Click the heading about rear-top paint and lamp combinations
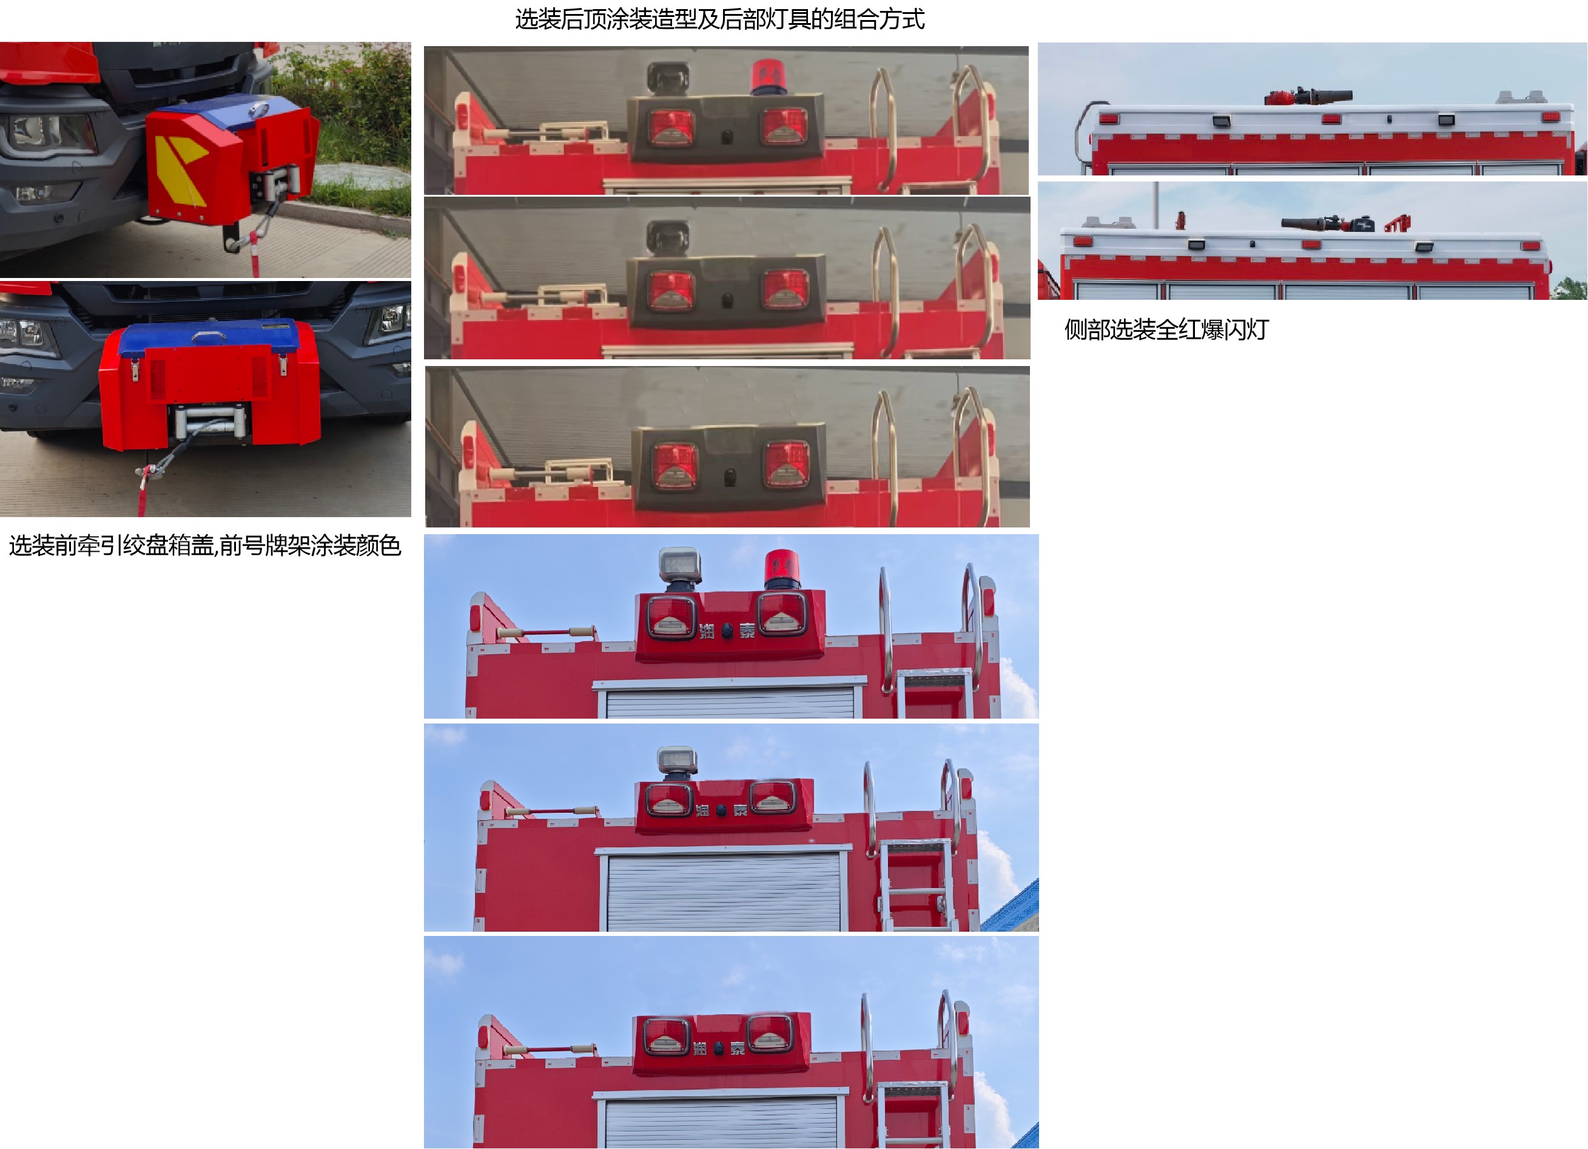click(720, 19)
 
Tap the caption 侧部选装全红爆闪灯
click(1166, 330)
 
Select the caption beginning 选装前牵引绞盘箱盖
click(204, 545)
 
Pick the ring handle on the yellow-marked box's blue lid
click(258, 109)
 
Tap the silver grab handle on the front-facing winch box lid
click(208, 336)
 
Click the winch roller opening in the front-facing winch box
click(210, 422)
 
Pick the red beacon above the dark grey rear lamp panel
click(768, 77)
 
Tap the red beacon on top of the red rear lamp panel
click(781, 569)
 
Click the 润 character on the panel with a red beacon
click(707, 631)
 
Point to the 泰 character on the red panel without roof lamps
click(738, 1048)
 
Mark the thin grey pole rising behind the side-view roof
click(1156, 203)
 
